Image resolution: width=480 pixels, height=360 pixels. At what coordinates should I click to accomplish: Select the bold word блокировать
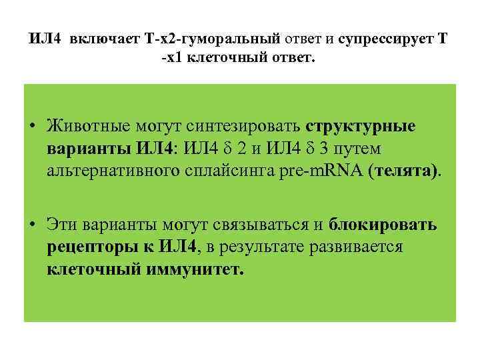pos(383,225)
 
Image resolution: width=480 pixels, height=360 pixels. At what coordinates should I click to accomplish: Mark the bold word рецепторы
pos(93,247)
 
